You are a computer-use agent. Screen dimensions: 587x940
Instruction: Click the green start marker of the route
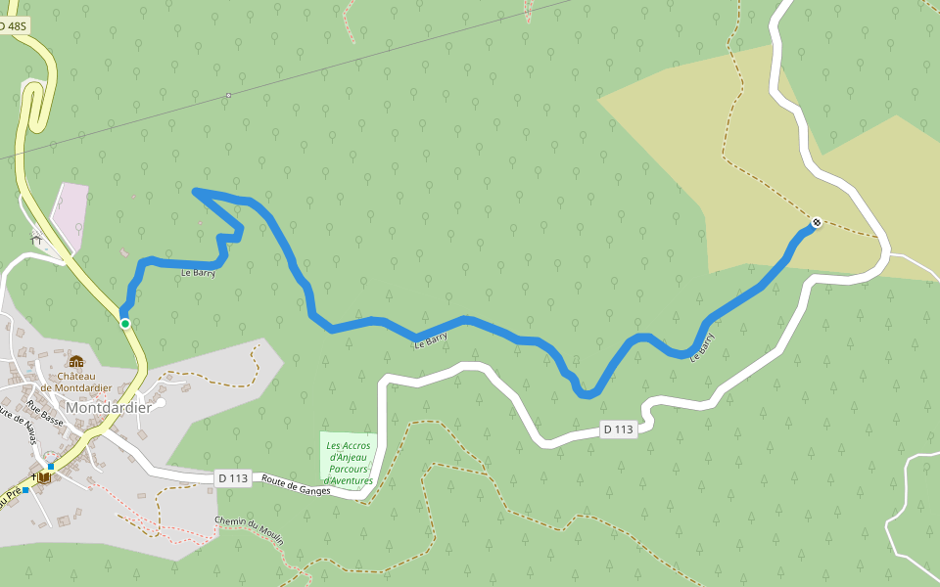[125, 324]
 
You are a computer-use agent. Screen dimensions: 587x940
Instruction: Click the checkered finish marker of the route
[816, 222]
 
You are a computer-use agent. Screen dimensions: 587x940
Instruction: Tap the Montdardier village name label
[108, 408]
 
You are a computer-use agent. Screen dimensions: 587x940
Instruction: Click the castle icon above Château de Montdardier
[76, 362]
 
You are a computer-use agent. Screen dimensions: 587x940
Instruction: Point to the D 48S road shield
[14, 26]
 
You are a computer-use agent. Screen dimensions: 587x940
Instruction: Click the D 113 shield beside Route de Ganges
[233, 478]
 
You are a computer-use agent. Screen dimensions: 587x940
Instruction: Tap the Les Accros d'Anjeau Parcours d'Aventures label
[349, 464]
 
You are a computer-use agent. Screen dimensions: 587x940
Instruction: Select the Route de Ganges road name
[296, 485]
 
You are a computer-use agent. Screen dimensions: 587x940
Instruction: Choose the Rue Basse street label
[45, 413]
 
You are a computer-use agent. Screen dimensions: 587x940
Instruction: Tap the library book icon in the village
[44, 477]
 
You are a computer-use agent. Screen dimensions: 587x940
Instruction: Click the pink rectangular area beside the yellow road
[70, 211]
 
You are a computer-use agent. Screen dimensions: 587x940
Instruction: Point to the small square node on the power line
[228, 96]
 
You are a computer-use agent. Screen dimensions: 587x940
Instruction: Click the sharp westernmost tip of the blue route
[196, 190]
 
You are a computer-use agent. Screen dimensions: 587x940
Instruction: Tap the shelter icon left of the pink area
[37, 238]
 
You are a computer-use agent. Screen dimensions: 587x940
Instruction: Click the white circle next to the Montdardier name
[160, 402]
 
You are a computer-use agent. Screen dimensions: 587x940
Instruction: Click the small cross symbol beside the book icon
[34, 477]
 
